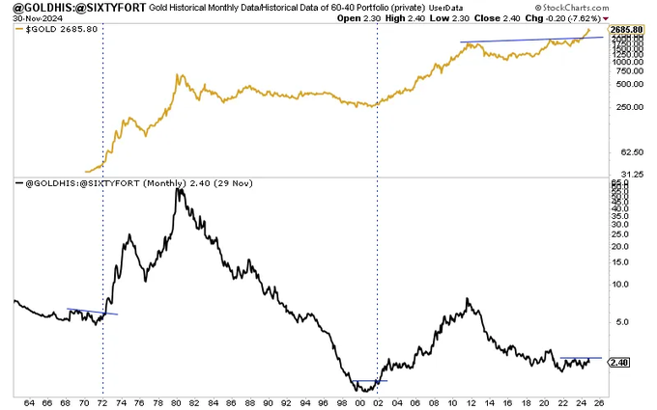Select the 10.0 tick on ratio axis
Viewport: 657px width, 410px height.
pos(620,285)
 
